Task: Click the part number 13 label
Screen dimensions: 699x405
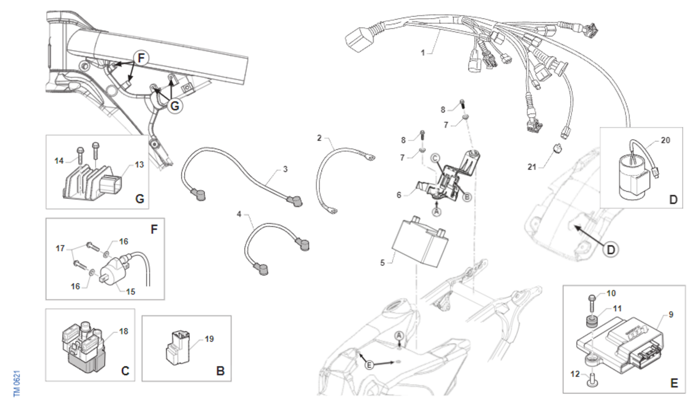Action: point(139,164)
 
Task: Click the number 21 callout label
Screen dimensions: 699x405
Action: point(532,167)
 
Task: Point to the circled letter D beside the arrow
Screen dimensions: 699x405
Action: point(610,249)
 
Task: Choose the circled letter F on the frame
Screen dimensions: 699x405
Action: point(142,58)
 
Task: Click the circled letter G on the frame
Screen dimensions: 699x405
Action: point(175,106)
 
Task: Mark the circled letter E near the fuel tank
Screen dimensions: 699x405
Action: point(369,365)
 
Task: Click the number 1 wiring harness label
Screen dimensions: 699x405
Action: point(423,53)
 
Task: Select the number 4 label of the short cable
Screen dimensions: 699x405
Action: point(239,214)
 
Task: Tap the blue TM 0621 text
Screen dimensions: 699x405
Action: point(17,383)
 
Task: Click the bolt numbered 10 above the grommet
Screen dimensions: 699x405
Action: point(592,302)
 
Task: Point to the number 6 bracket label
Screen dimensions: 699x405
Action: point(399,195)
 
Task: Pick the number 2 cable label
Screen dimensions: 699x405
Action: point(319,138)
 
